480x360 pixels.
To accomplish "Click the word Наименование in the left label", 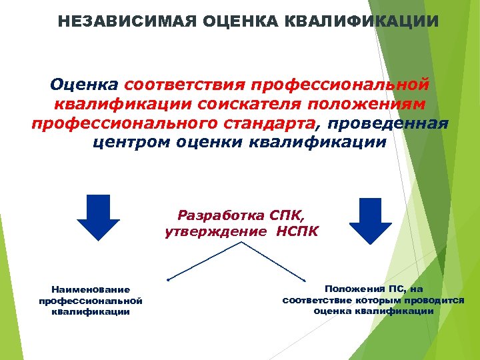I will tap(91, 289).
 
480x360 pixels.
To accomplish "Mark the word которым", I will tap(365, 300).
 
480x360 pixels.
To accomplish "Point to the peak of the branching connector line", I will tap(241, 243).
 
